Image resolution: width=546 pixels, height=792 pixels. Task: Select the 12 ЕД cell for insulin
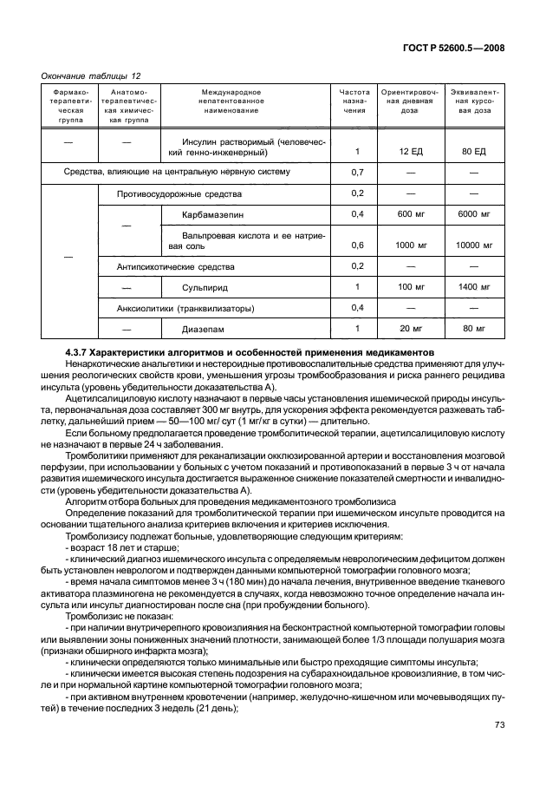tap(410, 151)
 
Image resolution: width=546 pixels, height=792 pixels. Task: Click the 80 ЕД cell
tap(474, 151)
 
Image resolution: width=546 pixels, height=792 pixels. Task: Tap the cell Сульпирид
tap(205, 286)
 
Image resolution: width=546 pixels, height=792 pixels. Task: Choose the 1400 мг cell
tap(474, 286)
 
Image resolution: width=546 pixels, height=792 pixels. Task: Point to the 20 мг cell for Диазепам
tap(410, 329)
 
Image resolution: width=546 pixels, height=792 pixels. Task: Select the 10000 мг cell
tap(474, 245)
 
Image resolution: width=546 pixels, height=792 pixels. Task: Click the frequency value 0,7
tap(356, 172)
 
